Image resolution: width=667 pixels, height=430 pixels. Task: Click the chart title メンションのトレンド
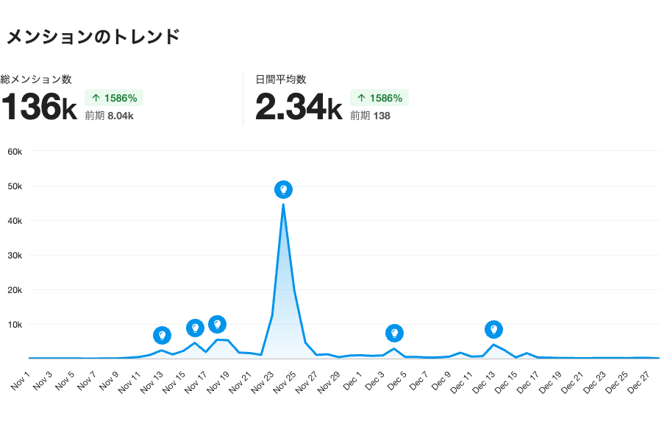point(92,36)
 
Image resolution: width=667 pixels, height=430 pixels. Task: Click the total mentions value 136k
point(39,107)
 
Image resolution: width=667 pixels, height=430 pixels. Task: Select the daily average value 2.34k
point(299,107)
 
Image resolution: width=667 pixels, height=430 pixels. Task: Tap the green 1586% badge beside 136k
point(114,98)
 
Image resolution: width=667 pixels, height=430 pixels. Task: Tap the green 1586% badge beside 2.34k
point(379,98)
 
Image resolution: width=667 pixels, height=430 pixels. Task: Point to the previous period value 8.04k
point(120,116)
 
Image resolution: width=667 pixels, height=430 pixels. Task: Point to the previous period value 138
point(381,116)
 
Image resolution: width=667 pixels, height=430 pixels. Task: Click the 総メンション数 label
point(36,80)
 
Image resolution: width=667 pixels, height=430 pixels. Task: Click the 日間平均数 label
point(281,80)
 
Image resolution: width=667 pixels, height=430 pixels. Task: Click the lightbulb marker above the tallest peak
point(283,190)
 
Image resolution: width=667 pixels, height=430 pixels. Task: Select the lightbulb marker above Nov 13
point(163,336)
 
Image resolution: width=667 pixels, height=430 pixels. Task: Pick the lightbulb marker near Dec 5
point(394,334)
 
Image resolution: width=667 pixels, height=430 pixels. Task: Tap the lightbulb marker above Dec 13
point(494,330)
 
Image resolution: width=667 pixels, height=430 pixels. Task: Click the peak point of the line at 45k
point(283,204)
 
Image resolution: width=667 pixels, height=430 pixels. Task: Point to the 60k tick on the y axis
point(15,152)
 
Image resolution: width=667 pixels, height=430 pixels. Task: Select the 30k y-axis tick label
point(15,255)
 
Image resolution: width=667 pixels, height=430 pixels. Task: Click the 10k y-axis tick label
point(15,325)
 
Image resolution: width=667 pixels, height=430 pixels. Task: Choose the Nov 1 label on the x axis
point(21,379)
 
